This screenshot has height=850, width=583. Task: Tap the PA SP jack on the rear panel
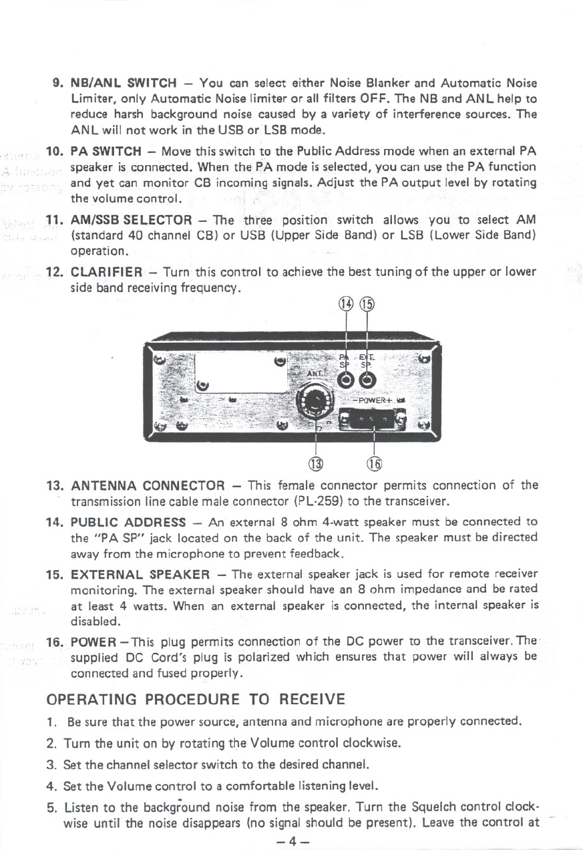point(346,380)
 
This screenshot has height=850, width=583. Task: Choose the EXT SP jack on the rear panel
point(367,380)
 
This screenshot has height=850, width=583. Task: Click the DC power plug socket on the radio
point(373,420)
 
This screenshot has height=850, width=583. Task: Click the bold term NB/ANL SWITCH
point(124,84)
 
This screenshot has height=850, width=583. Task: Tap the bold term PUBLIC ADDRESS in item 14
point(128,522)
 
